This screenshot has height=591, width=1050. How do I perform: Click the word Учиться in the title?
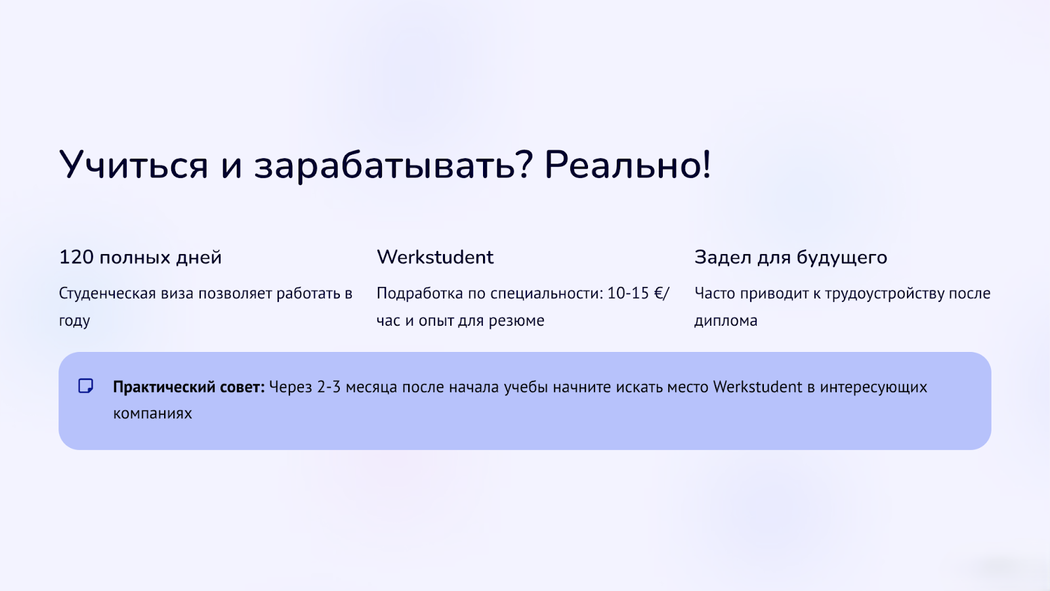[133, 165]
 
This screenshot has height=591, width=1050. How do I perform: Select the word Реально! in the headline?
[627, 165]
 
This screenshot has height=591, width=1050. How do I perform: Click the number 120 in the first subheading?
[76, 257]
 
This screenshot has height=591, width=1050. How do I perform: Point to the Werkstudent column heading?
[435, 257]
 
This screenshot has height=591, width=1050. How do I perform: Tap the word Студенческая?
[108, 294]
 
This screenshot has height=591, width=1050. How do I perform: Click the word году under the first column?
[74, 321]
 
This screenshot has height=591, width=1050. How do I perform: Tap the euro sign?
[660, 293]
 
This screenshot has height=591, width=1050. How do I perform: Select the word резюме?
[516, 321]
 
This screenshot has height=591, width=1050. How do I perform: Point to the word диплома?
[726, 321]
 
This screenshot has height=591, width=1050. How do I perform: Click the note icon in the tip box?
[86, 386]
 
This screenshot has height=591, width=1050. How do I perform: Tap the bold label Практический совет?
[189, 387]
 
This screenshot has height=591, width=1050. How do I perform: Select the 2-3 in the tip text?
[329, 387]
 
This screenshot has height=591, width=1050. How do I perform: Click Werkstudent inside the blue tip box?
[757, 387]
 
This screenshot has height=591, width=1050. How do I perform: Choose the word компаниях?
[152, 414]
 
